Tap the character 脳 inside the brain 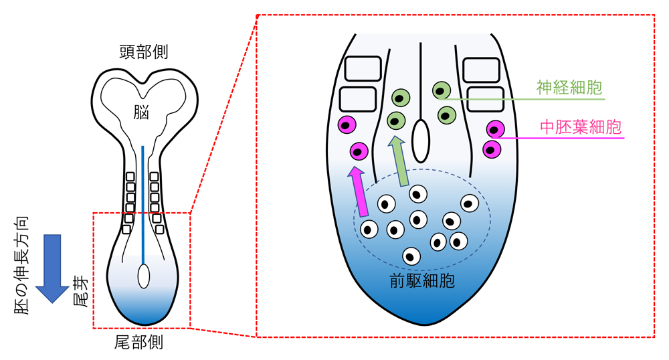141,112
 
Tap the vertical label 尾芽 78,295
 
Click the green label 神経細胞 569,87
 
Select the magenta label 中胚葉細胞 580,127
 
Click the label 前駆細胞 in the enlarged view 422,280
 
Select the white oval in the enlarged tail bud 420,141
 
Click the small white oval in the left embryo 143,276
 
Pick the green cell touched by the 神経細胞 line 442,90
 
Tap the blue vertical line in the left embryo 142,201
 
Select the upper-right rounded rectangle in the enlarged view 481,70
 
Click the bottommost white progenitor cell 411,256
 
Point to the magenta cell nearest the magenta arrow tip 359,151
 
